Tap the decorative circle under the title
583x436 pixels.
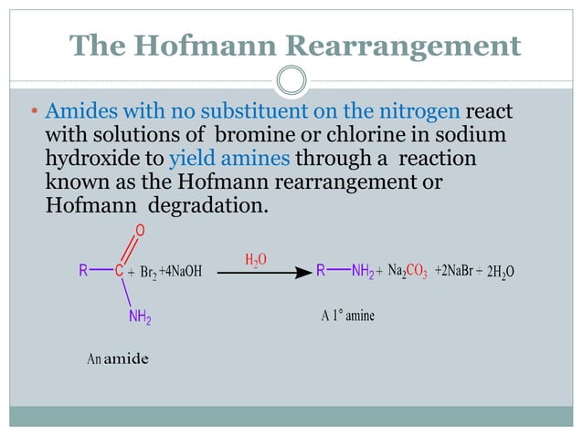[291, 80]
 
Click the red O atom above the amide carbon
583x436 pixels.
[140, 229]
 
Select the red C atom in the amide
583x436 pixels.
[119, 271]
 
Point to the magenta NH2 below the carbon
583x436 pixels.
[140, 317]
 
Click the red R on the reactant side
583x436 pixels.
[83, 271]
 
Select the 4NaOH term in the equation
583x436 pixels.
[181, 272]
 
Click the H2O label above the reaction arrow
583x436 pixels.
[257, 260]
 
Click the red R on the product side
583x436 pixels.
[321, 271]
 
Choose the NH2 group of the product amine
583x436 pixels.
[363, 271]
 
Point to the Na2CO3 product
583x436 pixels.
[408, 271]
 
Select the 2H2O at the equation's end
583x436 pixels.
[501, 272]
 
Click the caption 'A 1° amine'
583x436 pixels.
[347, 316]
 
